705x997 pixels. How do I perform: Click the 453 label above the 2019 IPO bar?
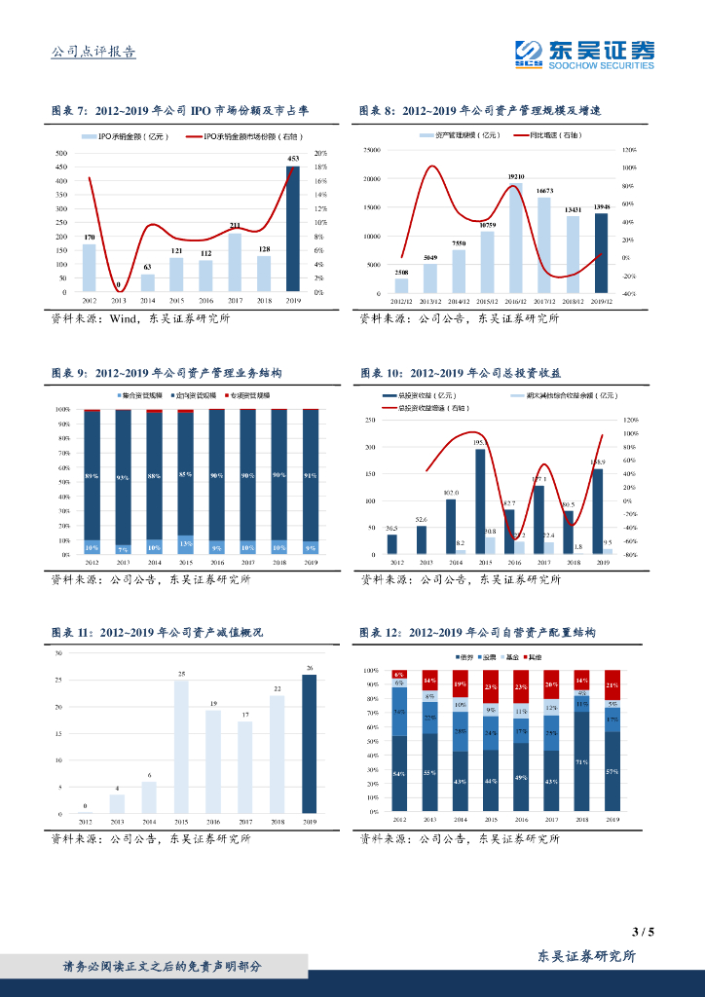(293, 159)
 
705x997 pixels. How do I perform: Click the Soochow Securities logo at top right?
(584, 54)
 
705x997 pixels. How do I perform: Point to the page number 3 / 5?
(643, 932)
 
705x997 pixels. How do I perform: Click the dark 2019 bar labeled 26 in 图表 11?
(310, 744)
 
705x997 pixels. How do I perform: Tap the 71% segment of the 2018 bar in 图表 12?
(581, 761)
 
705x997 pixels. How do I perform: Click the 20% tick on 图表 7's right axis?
(320, 154)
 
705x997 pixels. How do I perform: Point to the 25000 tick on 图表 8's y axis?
(371, 151)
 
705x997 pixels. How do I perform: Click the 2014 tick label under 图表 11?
(149, 823)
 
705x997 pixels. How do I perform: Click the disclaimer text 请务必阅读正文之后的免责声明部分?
(163, 966)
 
